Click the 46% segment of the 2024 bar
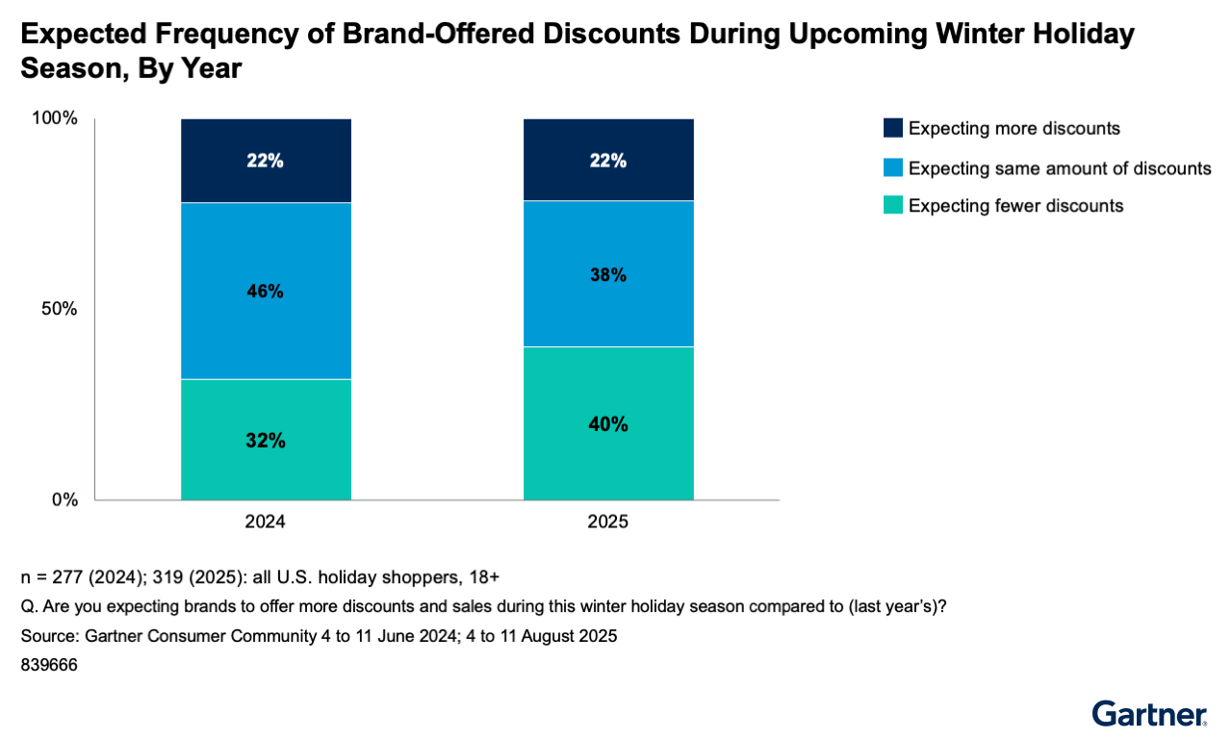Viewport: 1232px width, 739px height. click(x=265, y=291)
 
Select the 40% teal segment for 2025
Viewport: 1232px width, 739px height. click(x=607, y=423)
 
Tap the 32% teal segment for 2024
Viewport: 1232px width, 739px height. click(x=265, y=440)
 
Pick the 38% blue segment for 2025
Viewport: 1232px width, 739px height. click(x=607, y=273)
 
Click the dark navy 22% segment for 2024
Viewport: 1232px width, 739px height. click(x=265, y=161)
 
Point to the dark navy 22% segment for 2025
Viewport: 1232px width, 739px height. click(x=607, y=160)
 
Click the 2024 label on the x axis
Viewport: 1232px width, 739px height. click(x=265, y=522)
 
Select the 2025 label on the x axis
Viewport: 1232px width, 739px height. click(x=607, y=522)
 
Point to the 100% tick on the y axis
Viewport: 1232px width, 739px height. click(x=56, y=118)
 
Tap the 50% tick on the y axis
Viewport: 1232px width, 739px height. click(x=60, y=309)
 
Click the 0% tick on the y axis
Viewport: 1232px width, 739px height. click(x=64, y=499)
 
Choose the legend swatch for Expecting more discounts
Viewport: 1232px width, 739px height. click(x=892, y=128)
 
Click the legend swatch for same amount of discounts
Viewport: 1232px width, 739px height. click(x=892, y=167)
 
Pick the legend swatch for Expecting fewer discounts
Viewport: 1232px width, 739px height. click(x=892, y=205)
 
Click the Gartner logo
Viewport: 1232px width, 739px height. click(x=1149, y=713)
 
